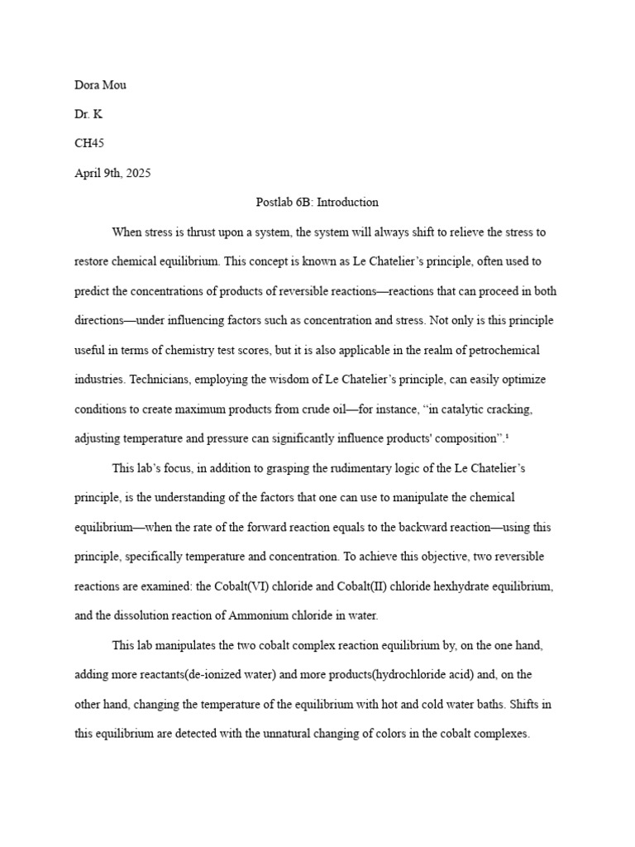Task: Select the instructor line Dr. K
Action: pyautogui.click(x=88, y=113)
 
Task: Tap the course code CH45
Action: pyautogui.click(x=89, y=143)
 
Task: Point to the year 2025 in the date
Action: pyautogui.click(x=137, y=173)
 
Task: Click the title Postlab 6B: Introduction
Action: pyautogui.click(x=317, y=202)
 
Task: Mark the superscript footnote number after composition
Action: pyautogui.click(x=507, y=436)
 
